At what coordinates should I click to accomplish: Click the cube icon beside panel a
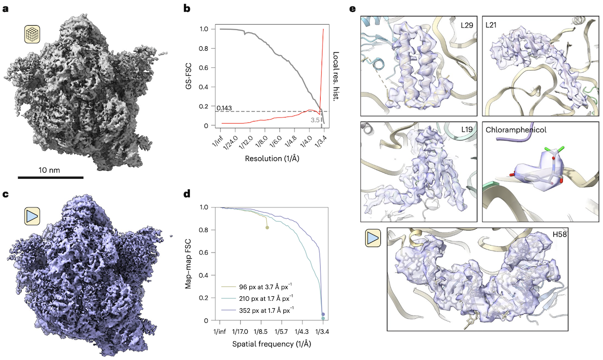(33, 35)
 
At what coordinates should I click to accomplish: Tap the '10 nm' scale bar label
(50, 170)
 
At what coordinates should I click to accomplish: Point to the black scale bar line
(50, 177)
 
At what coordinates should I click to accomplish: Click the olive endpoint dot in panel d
(267, 227)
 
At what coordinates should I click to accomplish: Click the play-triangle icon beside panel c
(33, 216)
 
